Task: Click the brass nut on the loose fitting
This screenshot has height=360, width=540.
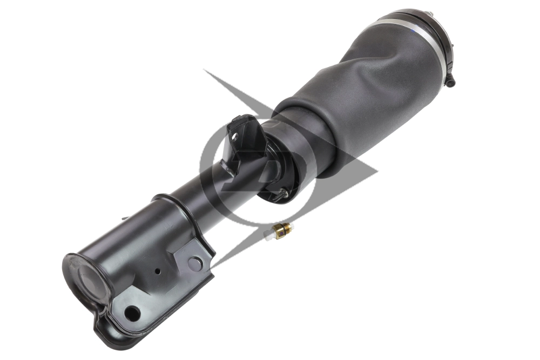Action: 281,230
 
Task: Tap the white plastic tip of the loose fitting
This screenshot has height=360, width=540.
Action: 268,236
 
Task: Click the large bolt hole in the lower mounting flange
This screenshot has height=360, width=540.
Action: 131,312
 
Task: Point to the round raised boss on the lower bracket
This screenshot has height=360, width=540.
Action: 194,263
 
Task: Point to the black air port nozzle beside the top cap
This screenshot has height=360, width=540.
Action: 450,80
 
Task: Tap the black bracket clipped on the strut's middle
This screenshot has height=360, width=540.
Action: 240,143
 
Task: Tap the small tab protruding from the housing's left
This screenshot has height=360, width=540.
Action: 125,218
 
